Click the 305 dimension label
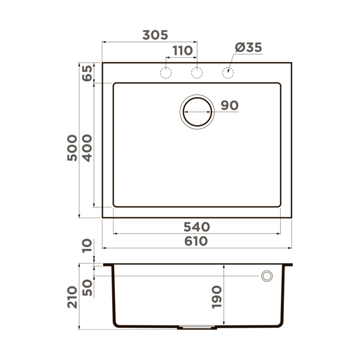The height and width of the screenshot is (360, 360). coord(155,35)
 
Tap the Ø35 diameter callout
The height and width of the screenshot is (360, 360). coord(248,48)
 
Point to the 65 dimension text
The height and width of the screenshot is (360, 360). coord(86,73)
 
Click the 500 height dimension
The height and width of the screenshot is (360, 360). coord(72,148)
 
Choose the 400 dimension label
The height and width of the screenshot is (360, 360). coord(86,148)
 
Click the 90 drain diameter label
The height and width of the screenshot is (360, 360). coord(229,105)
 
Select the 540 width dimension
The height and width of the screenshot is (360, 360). coord(196,226)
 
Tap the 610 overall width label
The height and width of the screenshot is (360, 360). coord(196,241)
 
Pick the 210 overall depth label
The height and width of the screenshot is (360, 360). coord(72,297)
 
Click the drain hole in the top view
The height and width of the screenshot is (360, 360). coord(196,111)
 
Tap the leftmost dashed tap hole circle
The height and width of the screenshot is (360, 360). coord(166,73)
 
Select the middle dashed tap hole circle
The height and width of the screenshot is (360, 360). coord(196,73)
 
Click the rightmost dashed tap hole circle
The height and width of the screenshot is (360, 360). coord(227,73)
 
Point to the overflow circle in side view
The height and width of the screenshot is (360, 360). coord(267,276)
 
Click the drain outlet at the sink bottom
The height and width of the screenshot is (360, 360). coord(196,327)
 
